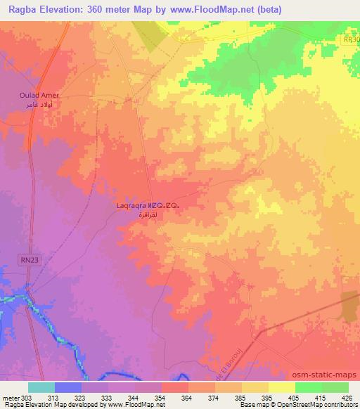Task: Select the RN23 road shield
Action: click(27, 259)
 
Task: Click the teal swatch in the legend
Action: click(41, 387)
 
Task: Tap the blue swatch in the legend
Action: click(67, 387)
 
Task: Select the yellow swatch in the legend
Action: click(281, 387)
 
